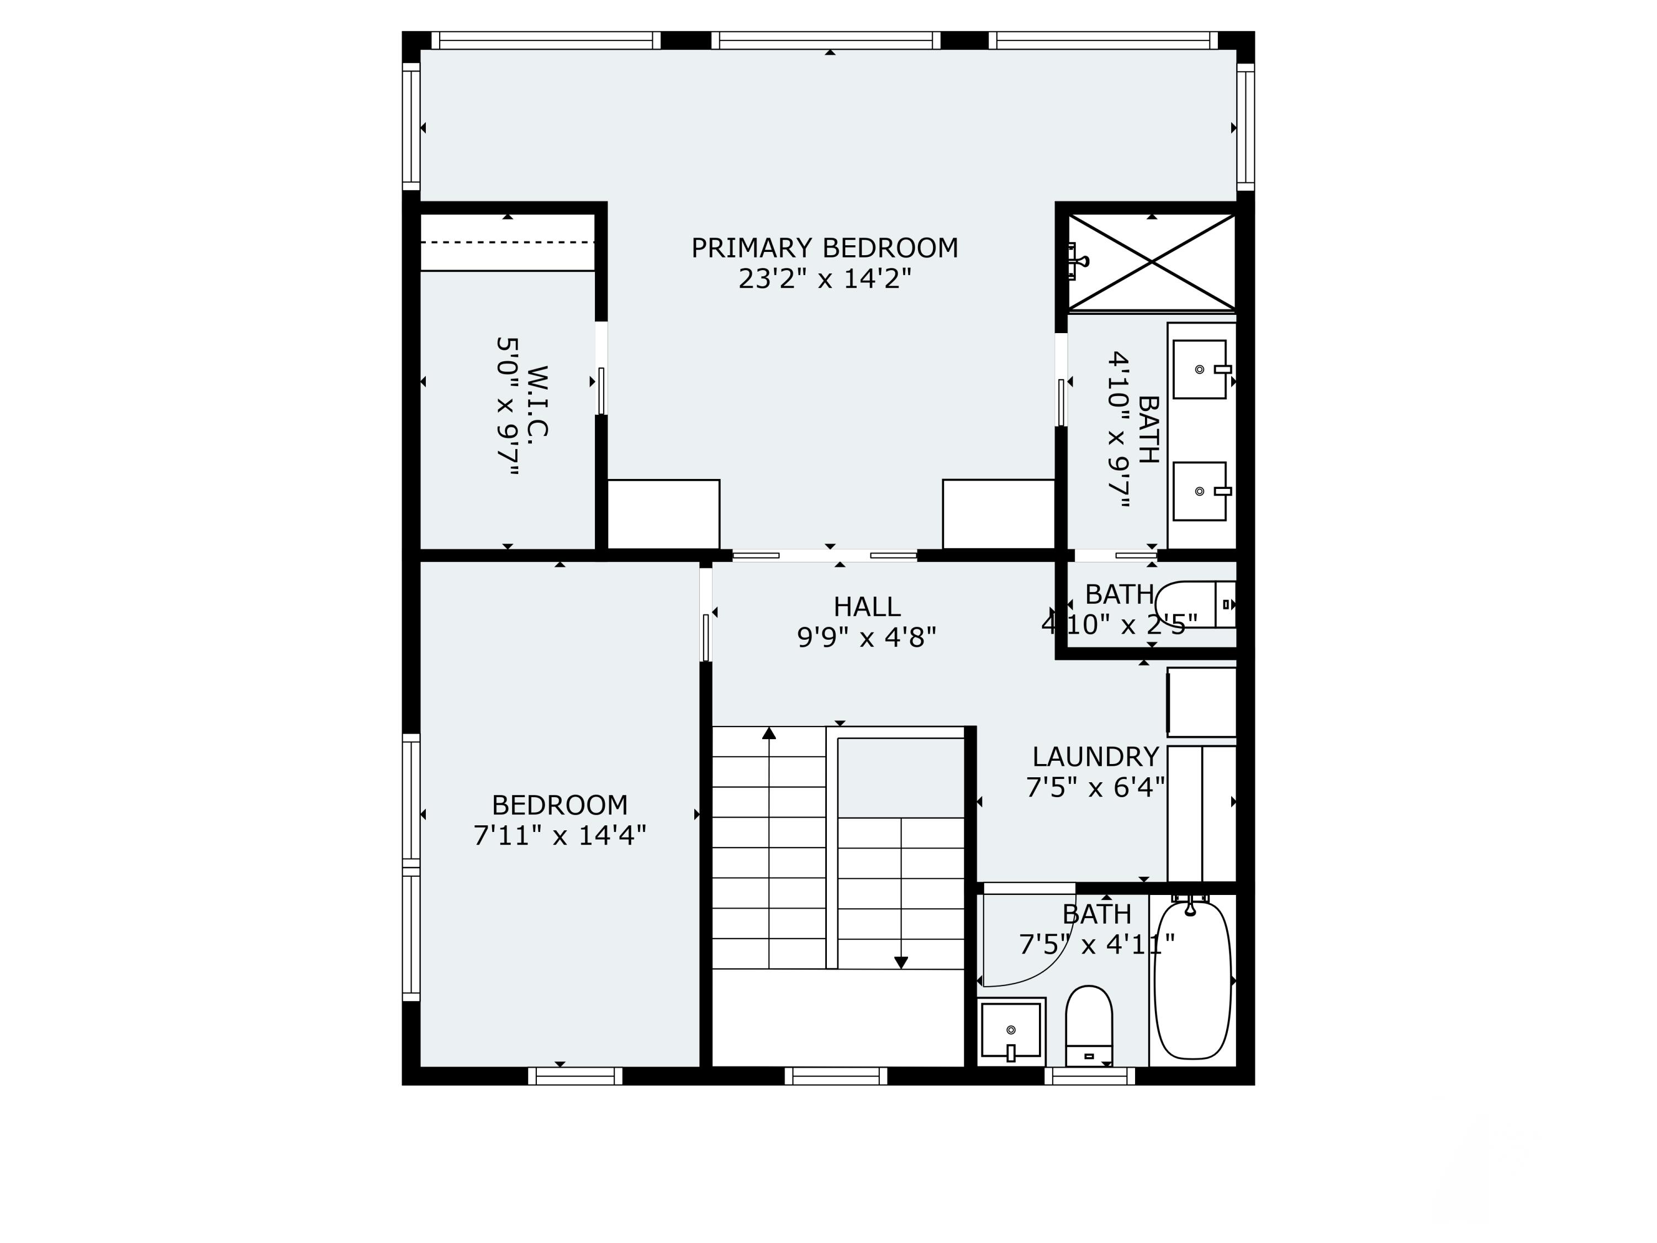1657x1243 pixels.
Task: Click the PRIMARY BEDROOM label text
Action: pos(824,248)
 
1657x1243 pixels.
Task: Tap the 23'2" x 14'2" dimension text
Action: pos(824,280)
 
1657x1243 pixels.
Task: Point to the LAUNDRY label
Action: pos(1095,757)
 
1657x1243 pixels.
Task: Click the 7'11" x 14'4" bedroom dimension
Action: pos(560,835)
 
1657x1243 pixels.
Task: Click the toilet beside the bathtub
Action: pos(1089,1025)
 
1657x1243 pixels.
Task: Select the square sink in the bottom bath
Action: pos(1011,1030)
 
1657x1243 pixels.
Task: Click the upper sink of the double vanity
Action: pos(1199,370)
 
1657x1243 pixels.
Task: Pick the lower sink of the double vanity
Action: pos(1199,492)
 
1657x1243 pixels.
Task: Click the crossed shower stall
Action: pos(1152,261)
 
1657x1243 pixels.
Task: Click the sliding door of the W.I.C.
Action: pos(601,389)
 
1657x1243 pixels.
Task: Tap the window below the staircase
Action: pos(836,1076)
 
